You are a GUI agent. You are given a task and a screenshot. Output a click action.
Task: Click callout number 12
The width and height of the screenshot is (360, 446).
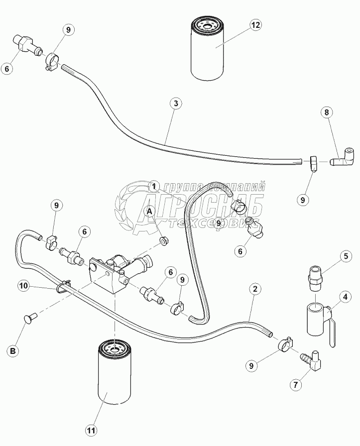coord(256,25)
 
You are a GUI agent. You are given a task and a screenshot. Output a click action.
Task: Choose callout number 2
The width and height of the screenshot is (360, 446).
coord(254,288)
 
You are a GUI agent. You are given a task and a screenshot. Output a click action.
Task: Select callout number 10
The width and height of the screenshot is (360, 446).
coord(23,286)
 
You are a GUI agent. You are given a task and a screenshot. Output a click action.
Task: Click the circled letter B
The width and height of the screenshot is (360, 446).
coord(13,351)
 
